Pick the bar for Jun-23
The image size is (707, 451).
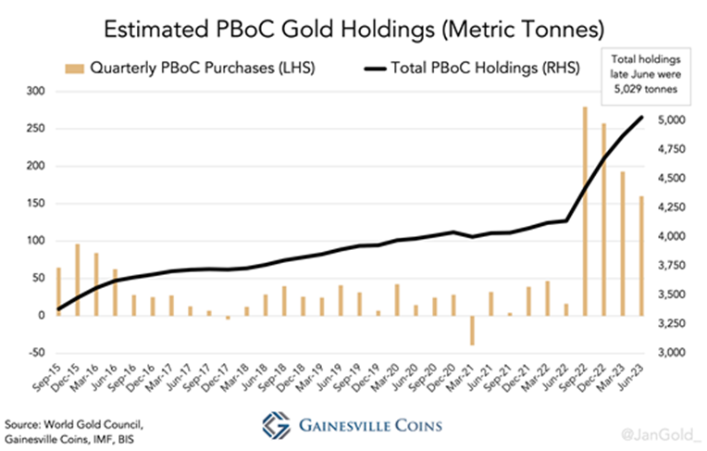pyautogui.click(x=642, y=256)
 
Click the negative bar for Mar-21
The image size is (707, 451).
pyautogui.click(x=471, y=331)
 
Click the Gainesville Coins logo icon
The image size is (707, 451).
pyautogui.click(x=272, y=425)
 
